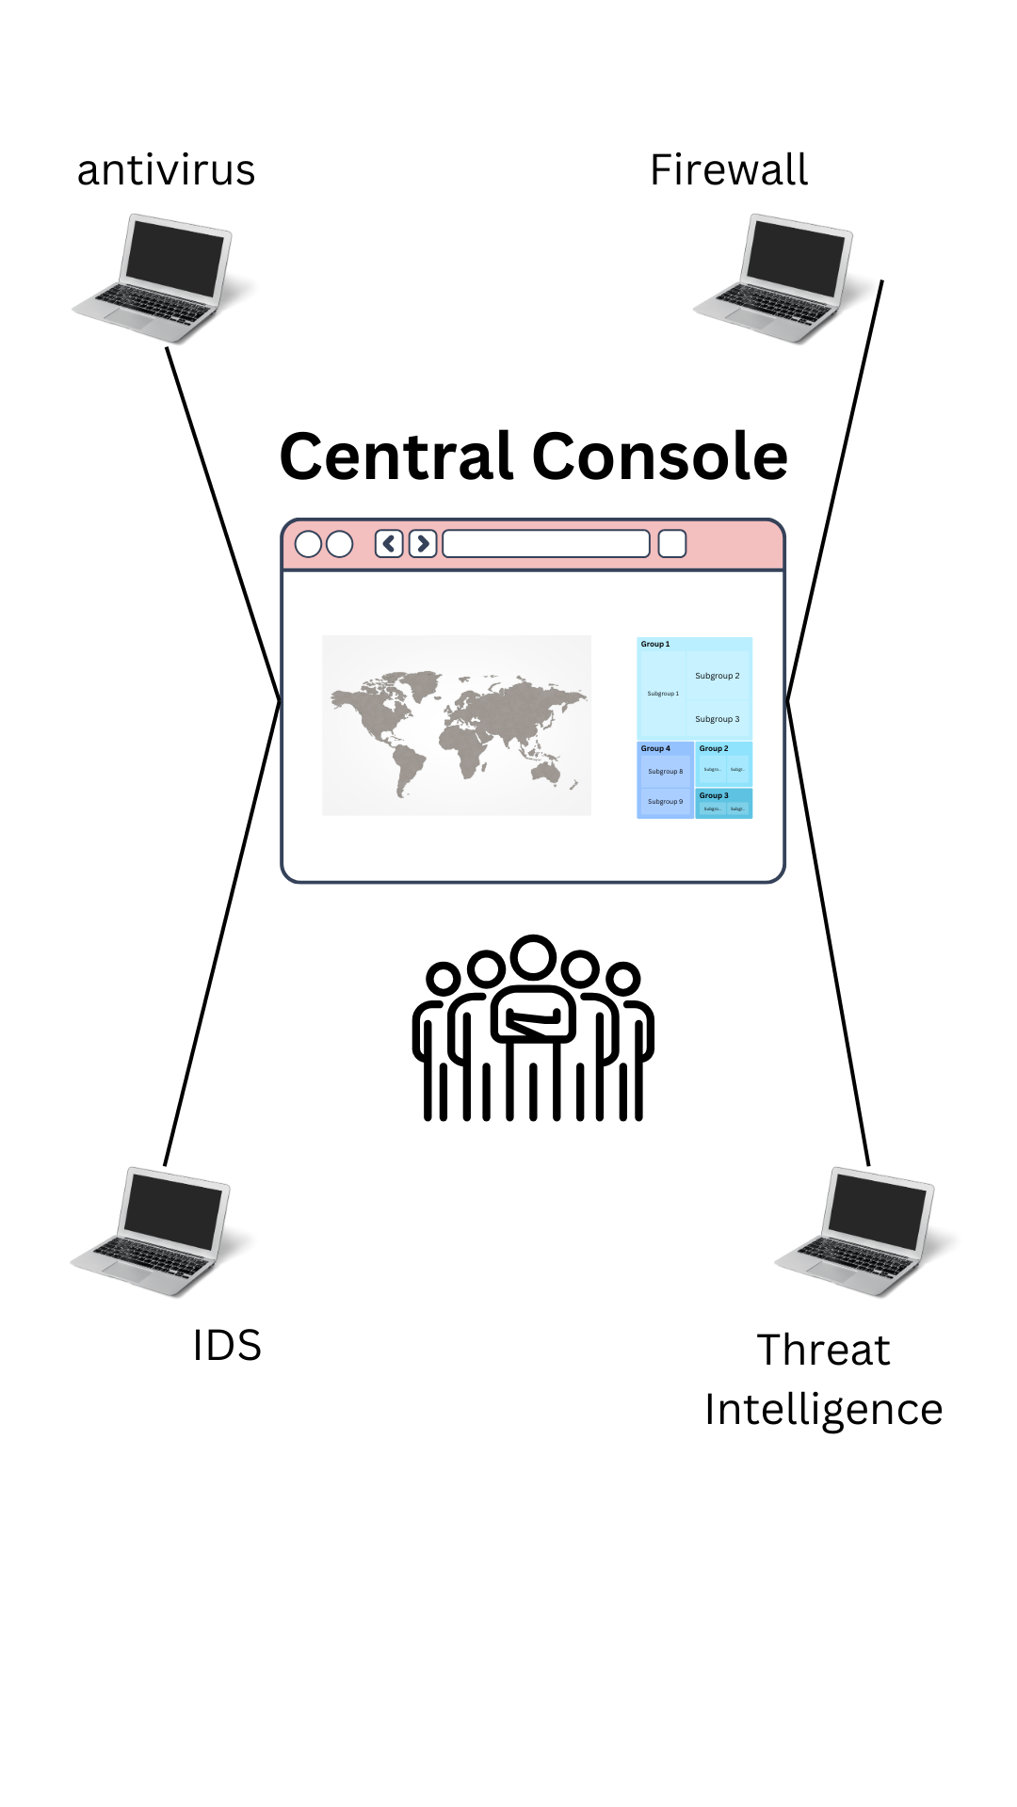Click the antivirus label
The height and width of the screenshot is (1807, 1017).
point(166,170)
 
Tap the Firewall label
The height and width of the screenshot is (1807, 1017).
point(729,170)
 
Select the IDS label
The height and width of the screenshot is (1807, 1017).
point(226,1346)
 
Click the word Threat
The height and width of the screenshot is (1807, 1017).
point(823,1350)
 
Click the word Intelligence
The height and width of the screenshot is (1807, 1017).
point(823,1410)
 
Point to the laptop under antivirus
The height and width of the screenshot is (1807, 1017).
point(155,279)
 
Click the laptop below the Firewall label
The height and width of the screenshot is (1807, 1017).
point(777,279)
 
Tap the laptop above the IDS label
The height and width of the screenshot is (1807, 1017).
point(153,1231)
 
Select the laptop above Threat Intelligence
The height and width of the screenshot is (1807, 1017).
point(858,1231)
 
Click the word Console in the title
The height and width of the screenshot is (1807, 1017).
point(659,456)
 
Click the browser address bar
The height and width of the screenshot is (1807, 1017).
point(546,544)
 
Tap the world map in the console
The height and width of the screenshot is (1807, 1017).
point(457,725)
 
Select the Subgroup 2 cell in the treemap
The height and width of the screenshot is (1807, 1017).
point(718,676)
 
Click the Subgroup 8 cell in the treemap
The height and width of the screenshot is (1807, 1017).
point(665,772)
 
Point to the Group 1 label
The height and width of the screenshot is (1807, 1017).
point(655,645)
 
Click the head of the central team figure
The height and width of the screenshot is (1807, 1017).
point(534,957)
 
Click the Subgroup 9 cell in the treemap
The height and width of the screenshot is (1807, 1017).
point(665,802)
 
